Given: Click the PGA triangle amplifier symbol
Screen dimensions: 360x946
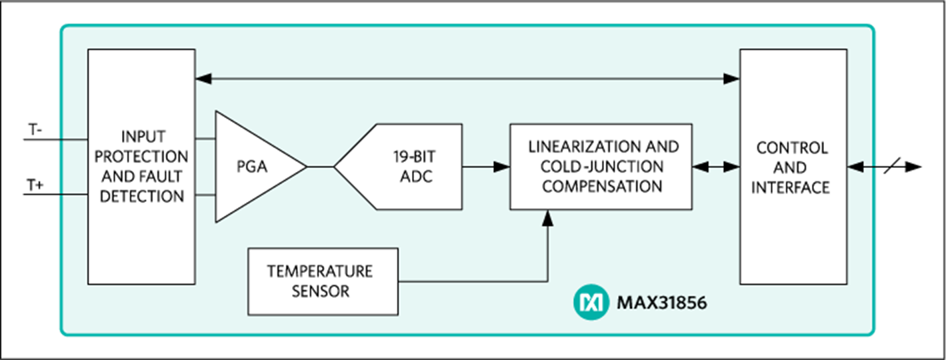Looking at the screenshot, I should (253, 167).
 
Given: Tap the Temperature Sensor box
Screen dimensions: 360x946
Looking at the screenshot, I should (323, 281).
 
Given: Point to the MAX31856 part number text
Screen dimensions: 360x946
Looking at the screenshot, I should (661, 303).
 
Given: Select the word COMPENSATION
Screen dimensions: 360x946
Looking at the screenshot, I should (602, 186).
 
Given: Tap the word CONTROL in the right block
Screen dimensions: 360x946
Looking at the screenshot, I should (793, 147).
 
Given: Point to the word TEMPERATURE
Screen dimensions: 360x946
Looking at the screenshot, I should (320, 271).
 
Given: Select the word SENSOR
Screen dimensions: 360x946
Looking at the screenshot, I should (320, 291).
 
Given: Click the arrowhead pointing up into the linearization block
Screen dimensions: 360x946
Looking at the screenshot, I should (547, 217).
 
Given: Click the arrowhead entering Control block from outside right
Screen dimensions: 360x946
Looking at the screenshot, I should (855, 167).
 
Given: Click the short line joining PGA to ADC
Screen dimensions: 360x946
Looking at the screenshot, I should (320, 167).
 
